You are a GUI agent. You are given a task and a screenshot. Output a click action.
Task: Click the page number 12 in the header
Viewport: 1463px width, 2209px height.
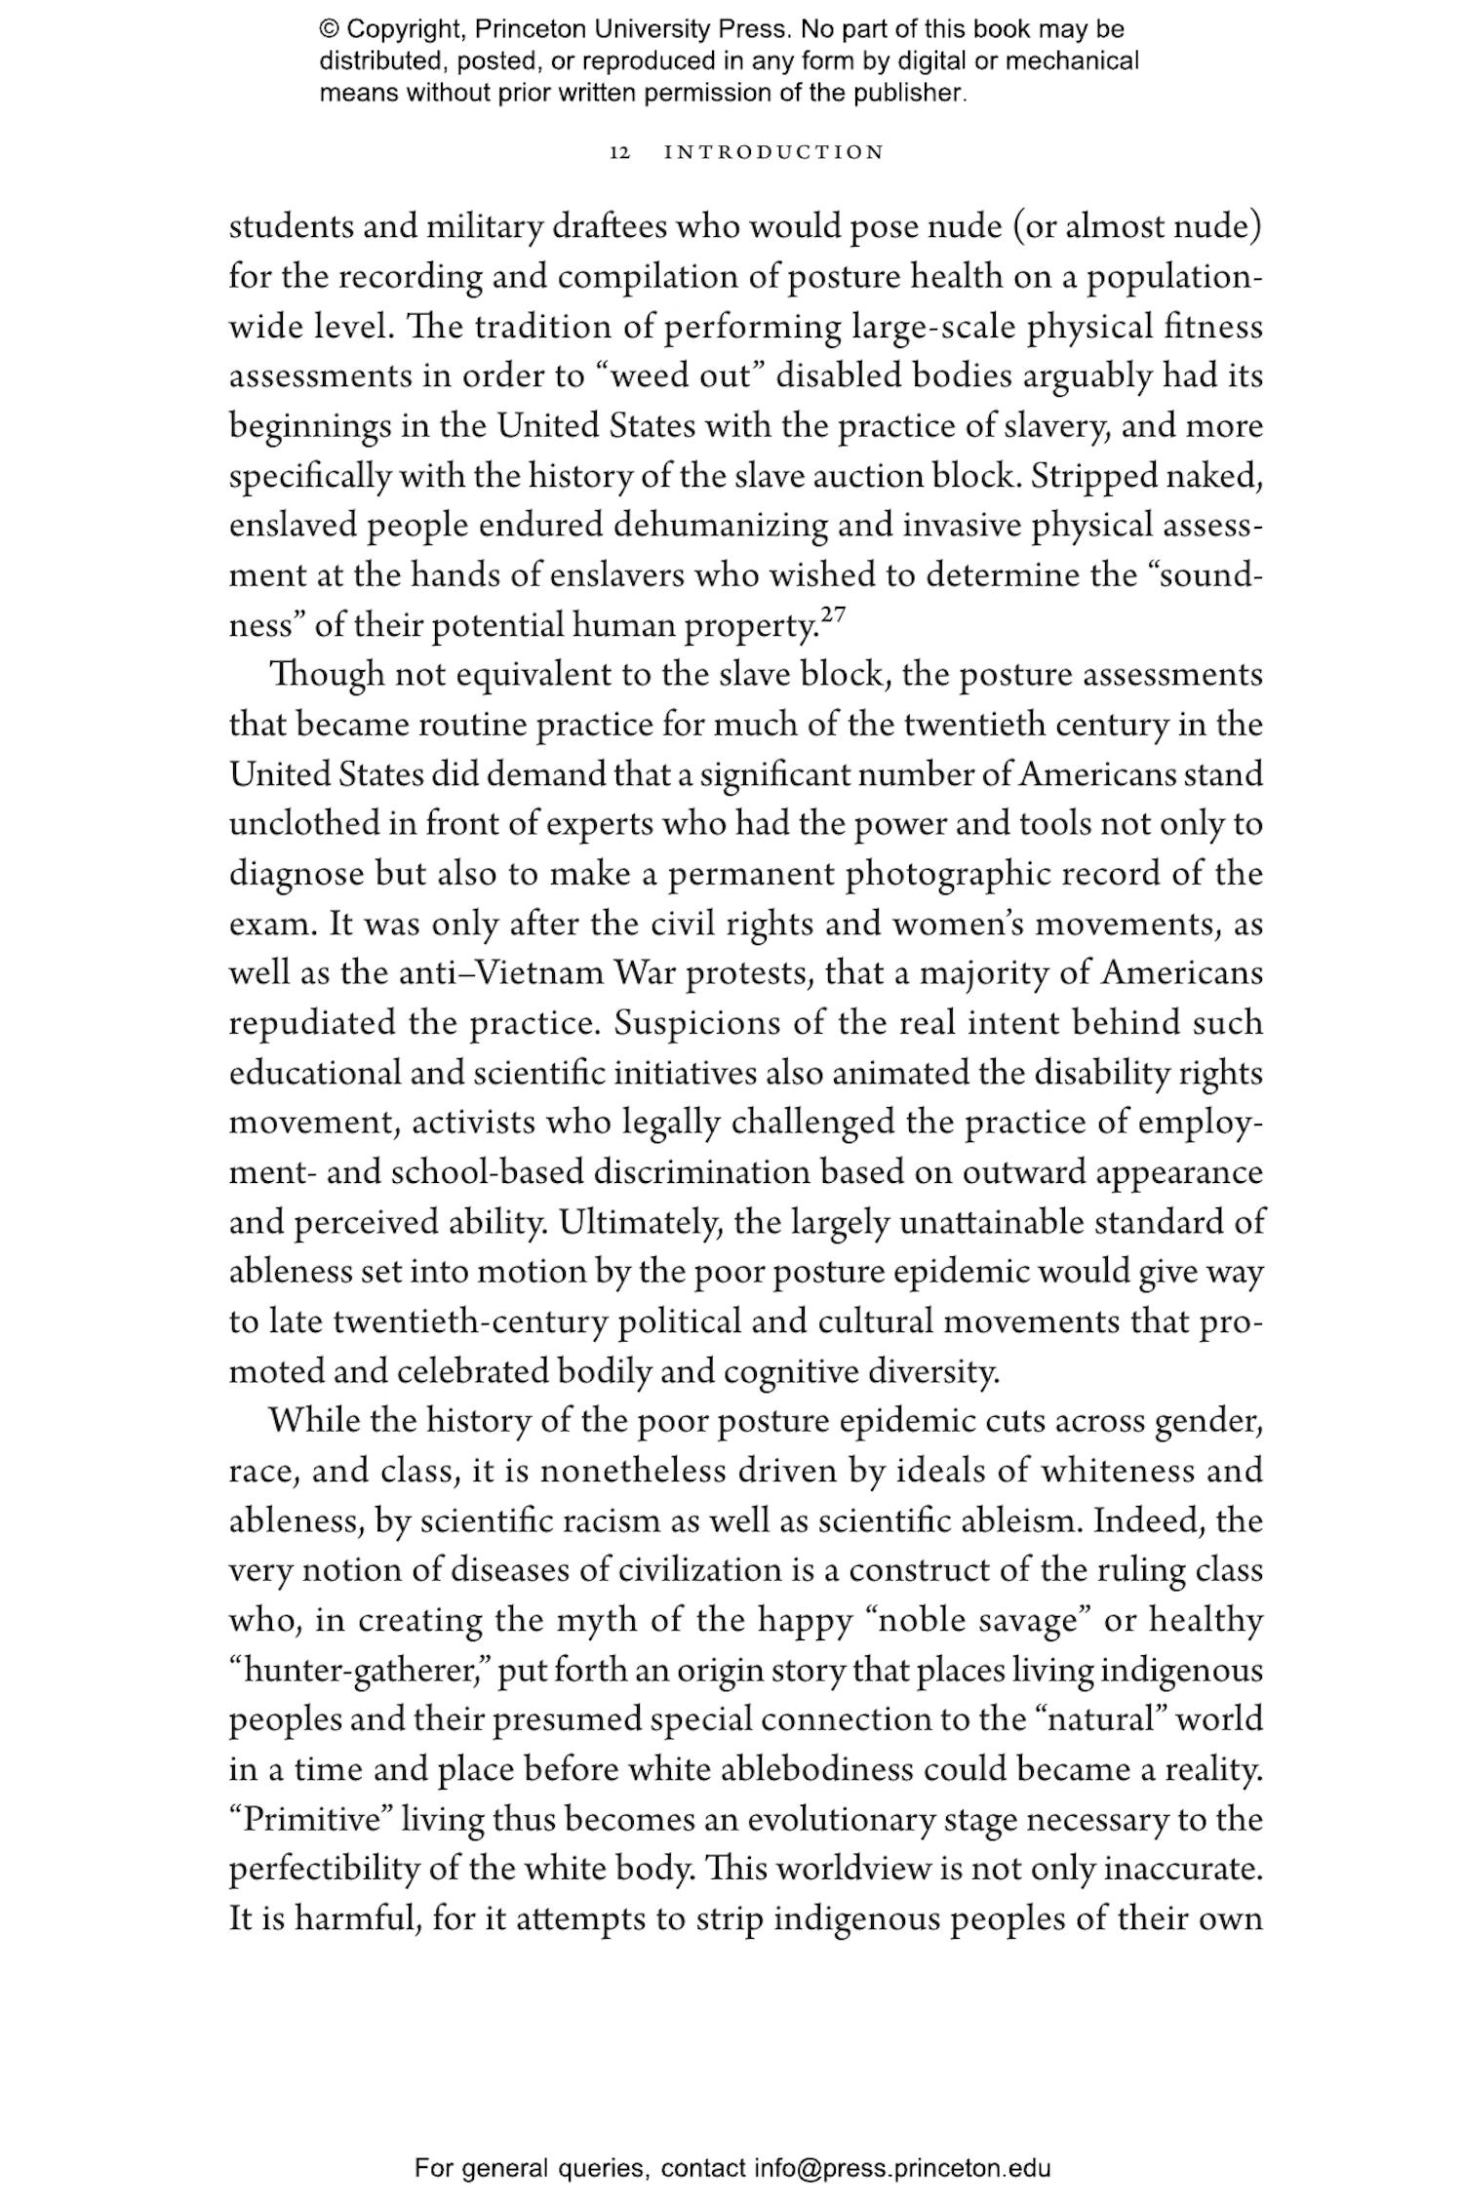click(620, 153)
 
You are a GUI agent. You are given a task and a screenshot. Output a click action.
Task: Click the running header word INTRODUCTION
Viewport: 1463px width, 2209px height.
click(773, 153)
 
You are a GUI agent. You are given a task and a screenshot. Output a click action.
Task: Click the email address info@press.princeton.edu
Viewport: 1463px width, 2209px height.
click(902, 2168)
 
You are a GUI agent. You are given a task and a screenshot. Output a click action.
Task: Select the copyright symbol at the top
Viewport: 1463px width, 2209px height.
click(328, 29)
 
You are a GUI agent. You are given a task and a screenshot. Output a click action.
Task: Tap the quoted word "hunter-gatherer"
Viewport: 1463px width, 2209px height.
click(359, 1671)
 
